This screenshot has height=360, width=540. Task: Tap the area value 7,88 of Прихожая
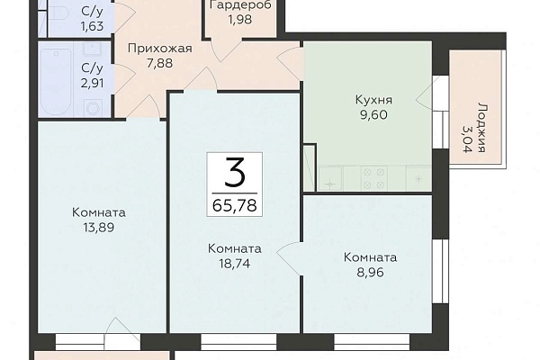159,63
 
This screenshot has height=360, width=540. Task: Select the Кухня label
373,100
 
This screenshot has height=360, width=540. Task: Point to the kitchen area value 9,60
373,114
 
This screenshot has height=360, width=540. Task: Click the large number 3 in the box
235,172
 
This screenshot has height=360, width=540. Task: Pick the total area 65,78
235,206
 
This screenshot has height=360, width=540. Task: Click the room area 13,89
98,228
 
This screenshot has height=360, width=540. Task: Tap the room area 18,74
235,264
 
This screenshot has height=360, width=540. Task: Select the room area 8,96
370,273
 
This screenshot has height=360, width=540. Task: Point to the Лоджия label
481,127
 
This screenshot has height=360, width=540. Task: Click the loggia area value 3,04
466,139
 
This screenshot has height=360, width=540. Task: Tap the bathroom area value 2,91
93,83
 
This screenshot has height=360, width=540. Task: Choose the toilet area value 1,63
93,26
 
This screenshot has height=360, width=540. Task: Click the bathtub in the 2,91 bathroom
56,81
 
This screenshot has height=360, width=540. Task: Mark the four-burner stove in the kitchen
373,178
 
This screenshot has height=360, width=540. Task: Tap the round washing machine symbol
93,108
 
